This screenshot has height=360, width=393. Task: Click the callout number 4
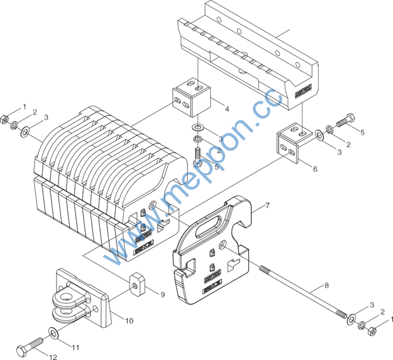point(226,109)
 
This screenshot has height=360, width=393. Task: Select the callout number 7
point(267,206)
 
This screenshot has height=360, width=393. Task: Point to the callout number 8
point(326,286)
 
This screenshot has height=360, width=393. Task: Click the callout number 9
point(162,294)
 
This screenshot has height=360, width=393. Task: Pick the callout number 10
point(129,321)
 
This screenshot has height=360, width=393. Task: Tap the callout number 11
point(75,347)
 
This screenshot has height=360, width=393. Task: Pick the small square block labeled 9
point(138,284)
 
